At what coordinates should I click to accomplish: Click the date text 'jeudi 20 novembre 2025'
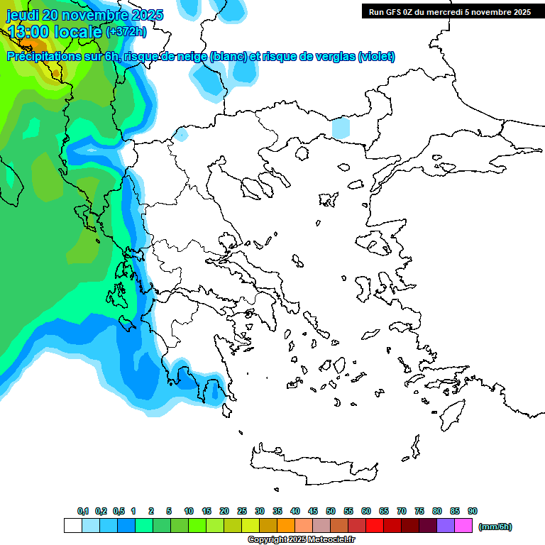(x=85, y=15)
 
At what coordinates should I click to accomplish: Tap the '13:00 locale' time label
(x=55, y=32)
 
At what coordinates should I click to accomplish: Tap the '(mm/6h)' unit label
(x=495, y=527)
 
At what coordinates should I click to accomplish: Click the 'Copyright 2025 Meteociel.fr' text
(x=301, y=540)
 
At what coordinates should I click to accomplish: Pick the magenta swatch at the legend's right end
(x=463, y=526)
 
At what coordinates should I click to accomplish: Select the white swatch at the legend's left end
(x=73, y=526)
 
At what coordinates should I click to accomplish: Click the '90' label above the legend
(x=473, y=511)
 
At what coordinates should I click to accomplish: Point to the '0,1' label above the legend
(x=82, y=511)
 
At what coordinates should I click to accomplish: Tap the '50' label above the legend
(x=331, y=511)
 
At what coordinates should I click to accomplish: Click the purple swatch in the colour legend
(x=446, y=526)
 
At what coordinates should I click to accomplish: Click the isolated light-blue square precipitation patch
(x=341, y=128)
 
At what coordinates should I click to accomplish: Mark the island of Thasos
(x=302, y=153)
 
